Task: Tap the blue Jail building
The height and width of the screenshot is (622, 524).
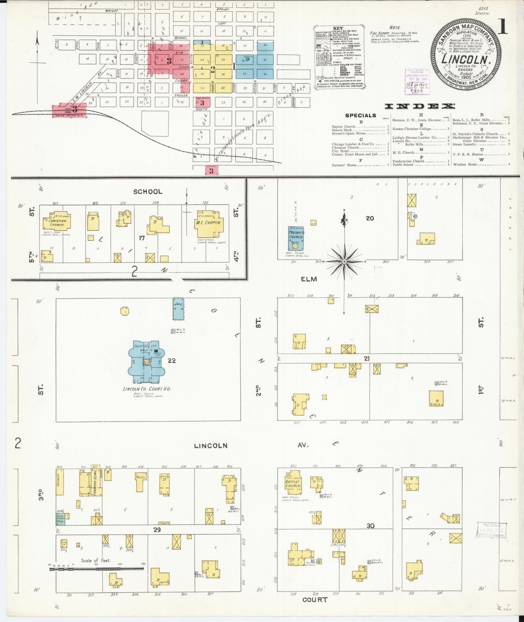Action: tap(178, 309)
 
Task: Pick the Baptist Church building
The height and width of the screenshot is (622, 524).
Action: tap(293, 483)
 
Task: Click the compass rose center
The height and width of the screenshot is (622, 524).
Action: tap(344, 261)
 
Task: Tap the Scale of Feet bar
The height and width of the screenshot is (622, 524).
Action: tap(96, 569)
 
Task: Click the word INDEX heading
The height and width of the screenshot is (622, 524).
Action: tap(420, 106)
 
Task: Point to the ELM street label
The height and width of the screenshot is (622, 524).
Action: tap(309, 279)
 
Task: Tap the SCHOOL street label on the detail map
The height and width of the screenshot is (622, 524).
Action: tap(148, 192)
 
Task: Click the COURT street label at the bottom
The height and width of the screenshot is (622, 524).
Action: tap(314, 600)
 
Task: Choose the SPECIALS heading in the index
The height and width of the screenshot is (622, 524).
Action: tap(360, 115)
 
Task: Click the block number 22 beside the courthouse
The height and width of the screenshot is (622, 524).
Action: tap(172, 360)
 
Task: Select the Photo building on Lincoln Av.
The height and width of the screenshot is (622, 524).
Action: tap(141, 482)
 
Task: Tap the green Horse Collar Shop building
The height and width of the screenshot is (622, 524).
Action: tap(60, 519)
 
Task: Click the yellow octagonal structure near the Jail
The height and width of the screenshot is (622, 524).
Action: tap(125, 311)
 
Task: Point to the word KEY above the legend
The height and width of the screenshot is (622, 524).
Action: tap(338, 28)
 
